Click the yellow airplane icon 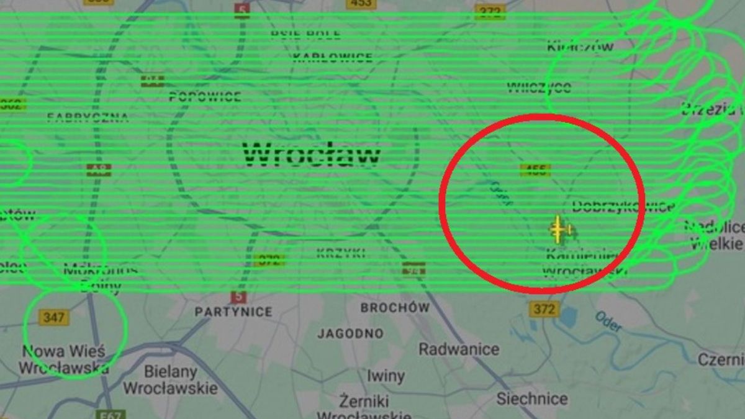559,230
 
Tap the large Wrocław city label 312,154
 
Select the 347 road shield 54,318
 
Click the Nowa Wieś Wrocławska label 63,359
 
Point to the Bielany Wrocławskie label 170,380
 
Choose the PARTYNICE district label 233,312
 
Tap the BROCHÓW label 395,307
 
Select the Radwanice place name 459,349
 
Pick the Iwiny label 386,376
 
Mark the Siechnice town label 531,399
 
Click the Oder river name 608,321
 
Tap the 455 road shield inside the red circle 535,170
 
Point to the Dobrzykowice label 622,206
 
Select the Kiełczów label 580,46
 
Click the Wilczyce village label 539,87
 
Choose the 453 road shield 361,4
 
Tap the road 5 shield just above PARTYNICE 238,297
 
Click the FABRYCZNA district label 88,117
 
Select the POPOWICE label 205,97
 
